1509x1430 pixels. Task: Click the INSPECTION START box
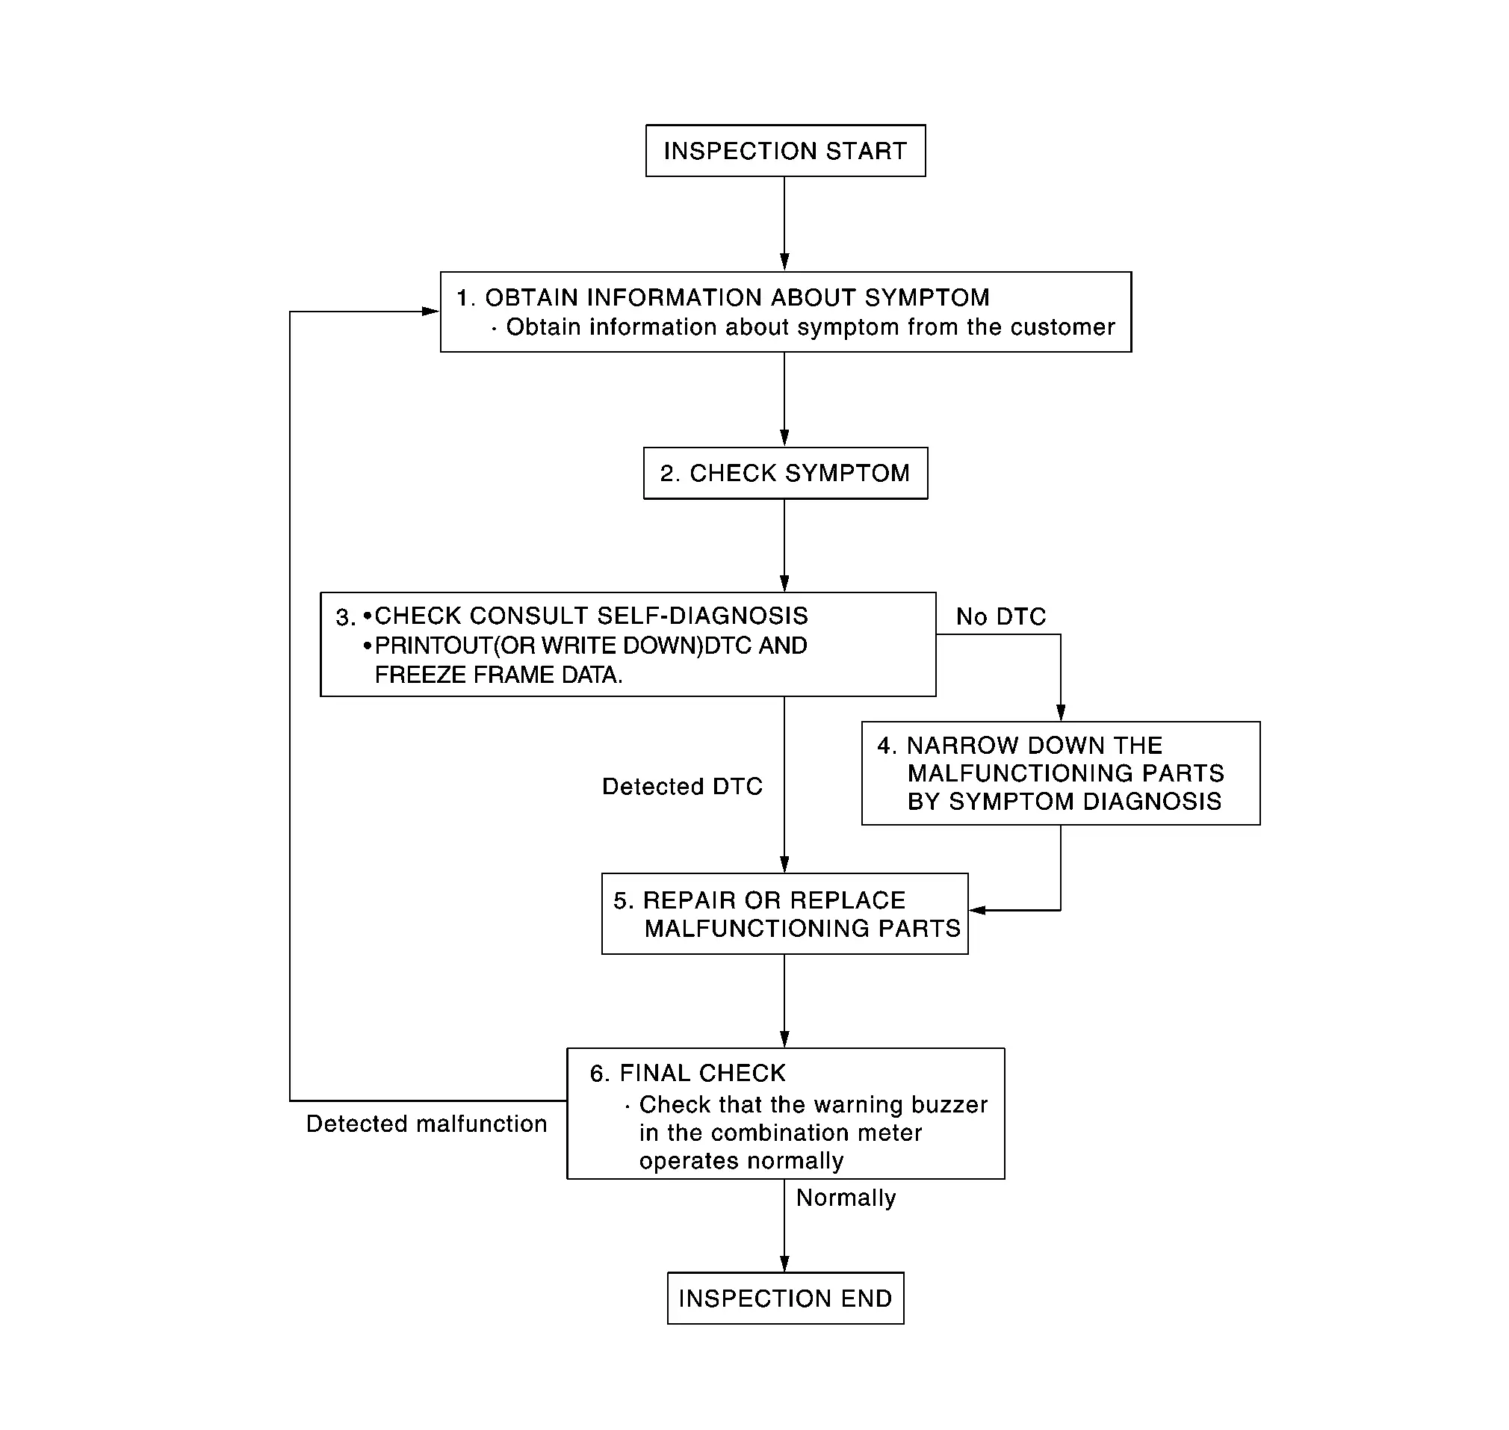[x=785, y=151]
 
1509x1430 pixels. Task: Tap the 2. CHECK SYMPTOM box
[x=785, y=474]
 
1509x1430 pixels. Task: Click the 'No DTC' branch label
[x=1001, y=616]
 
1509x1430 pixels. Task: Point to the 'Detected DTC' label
[x=682, y=787]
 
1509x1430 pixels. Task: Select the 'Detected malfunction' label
[x=427, y=1124]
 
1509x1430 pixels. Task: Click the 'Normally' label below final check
[x=846, y=1198]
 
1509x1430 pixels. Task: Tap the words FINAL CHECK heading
[x=702, y=1074]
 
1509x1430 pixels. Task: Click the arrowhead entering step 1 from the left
[x=430, y=311]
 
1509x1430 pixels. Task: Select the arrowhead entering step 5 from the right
[x=978, y=910]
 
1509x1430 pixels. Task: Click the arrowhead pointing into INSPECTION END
[x=784, y=1263]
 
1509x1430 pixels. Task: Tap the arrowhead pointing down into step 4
[x=1060, y=712]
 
